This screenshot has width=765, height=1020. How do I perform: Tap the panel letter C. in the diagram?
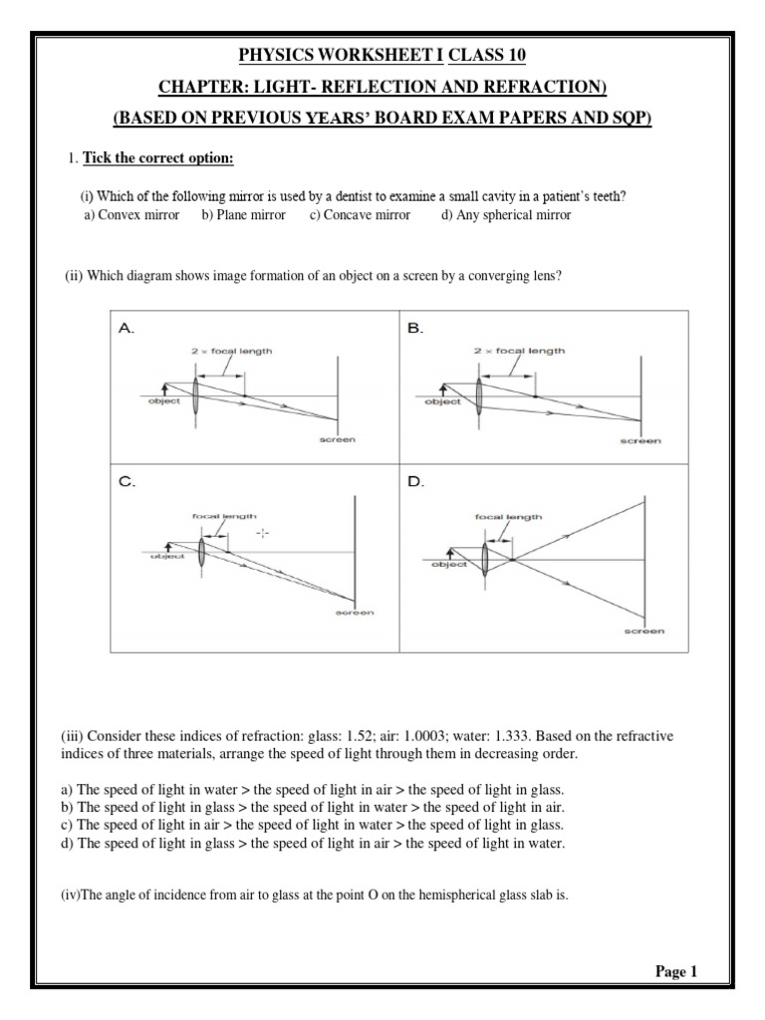pos(127,482)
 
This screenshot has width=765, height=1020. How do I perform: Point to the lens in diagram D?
pos(485,554)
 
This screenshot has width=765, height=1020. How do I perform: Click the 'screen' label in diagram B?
pos(639,441)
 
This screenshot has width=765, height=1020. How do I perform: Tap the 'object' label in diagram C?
pos(167,557)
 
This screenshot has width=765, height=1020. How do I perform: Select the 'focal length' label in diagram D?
pos(508,517)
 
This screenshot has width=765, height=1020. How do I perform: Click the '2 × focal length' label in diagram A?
pos(231,351)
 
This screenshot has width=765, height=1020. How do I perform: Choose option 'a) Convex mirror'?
pos(131,215)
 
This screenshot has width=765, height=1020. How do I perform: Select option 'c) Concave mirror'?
pos(360,215)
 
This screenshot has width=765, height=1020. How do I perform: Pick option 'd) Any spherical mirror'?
pos(506,215)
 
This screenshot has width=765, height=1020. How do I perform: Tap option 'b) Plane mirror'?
pos(243,215)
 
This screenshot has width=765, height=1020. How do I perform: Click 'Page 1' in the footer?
pos(676,972)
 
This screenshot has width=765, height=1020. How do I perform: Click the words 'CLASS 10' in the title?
pos(491,53)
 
